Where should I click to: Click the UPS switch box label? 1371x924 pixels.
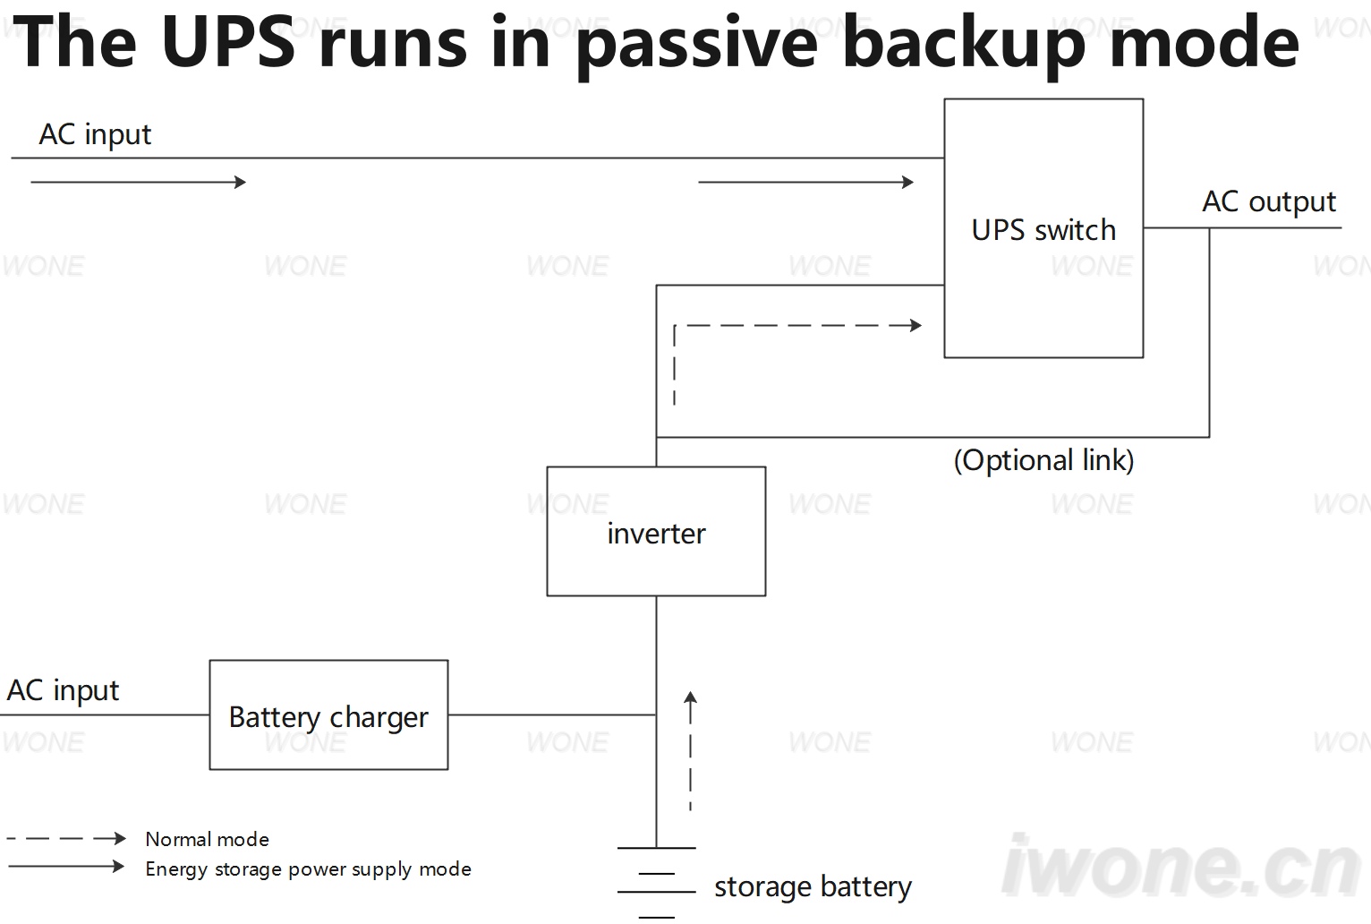point(1043,230)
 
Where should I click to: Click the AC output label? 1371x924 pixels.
point(1269,202)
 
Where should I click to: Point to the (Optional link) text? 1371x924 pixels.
point(1043,460)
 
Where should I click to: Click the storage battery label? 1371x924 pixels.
point(813,887)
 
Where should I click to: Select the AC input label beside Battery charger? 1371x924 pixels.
point(63,691)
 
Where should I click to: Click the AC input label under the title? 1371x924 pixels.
point(95,134)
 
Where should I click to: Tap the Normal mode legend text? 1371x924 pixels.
point(207,839)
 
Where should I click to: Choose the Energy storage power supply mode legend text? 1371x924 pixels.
point(309,869)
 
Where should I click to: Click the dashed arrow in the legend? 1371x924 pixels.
point(66,838)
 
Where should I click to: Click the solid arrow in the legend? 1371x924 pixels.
point(66,867)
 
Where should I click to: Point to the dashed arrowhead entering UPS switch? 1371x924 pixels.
point(915,325)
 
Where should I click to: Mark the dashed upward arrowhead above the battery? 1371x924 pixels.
point(690,697)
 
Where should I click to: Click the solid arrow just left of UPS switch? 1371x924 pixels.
point(805,182)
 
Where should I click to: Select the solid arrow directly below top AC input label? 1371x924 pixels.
point(139,182)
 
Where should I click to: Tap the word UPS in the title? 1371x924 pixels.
point(229,40)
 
